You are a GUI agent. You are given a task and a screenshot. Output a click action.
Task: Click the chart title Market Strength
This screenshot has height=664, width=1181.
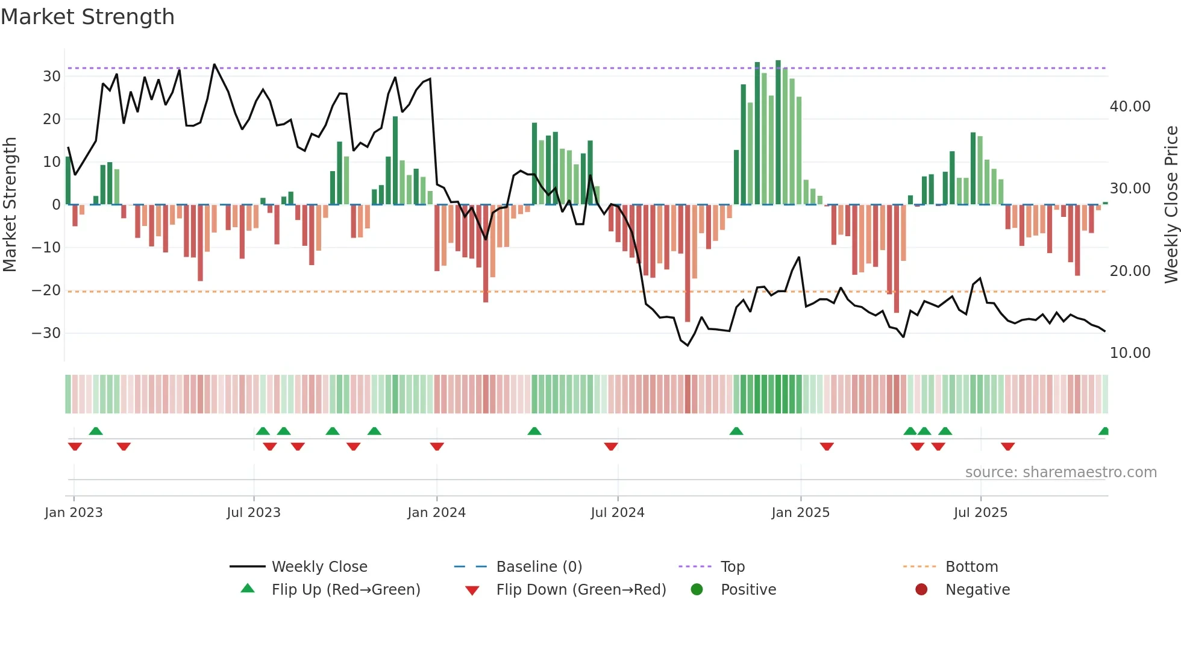click(x=87, y=17)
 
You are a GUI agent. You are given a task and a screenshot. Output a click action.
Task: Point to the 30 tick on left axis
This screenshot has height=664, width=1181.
click(x=52, y=77)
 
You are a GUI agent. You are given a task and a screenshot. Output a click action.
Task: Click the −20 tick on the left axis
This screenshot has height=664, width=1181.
click(x=46, y=290)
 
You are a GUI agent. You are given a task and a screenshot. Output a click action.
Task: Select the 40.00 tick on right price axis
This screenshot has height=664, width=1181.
click(x=1130, y=107)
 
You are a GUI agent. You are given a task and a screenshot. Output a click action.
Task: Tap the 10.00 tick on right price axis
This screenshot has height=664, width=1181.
click(x=1130, y=353)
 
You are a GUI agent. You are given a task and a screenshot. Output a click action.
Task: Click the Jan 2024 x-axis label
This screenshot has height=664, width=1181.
click(x=436, y=513)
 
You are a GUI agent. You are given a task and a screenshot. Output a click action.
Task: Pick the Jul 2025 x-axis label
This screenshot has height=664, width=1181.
click(x=980, y=513)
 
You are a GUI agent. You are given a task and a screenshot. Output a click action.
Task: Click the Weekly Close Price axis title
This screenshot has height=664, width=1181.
click(x=1171, y=205)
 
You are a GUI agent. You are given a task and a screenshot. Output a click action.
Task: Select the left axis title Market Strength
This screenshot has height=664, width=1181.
click(x=10, y=205)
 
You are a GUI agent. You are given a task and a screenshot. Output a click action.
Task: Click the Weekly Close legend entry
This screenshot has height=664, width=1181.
click(x=319, y=567)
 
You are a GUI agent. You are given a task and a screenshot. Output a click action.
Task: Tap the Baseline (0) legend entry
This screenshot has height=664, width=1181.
click(x=539, y=567)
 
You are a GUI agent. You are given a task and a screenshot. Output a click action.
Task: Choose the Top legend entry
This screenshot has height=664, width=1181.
click(x=732, y=567)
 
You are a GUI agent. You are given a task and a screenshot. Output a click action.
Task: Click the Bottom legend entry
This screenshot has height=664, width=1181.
click(x=971, y=567)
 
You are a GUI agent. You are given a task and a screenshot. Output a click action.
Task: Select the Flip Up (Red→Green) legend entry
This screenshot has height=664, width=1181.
click(x=345, y=590)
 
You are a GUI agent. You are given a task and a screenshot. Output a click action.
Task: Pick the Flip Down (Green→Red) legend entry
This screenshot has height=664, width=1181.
click(x=581, y=590)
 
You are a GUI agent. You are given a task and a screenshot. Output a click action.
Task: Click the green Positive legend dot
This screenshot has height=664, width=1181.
click(x=697, y=590)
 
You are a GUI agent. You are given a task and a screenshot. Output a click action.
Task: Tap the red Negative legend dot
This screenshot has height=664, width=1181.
click(x=921, y=590)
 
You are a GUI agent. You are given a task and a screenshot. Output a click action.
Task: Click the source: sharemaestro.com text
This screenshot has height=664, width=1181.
click(x=1060, y=472)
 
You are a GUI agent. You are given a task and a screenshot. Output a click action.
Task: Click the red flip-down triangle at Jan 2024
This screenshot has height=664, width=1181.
click(x=437, y=446)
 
